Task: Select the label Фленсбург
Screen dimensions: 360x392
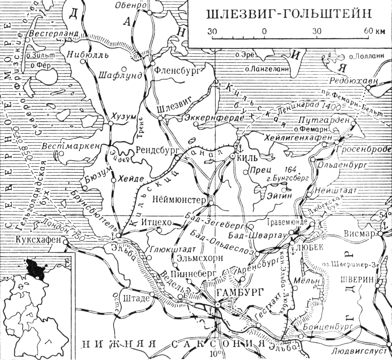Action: [x=175, y=70]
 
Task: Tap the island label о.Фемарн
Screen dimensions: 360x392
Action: [x=311, y=129]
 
